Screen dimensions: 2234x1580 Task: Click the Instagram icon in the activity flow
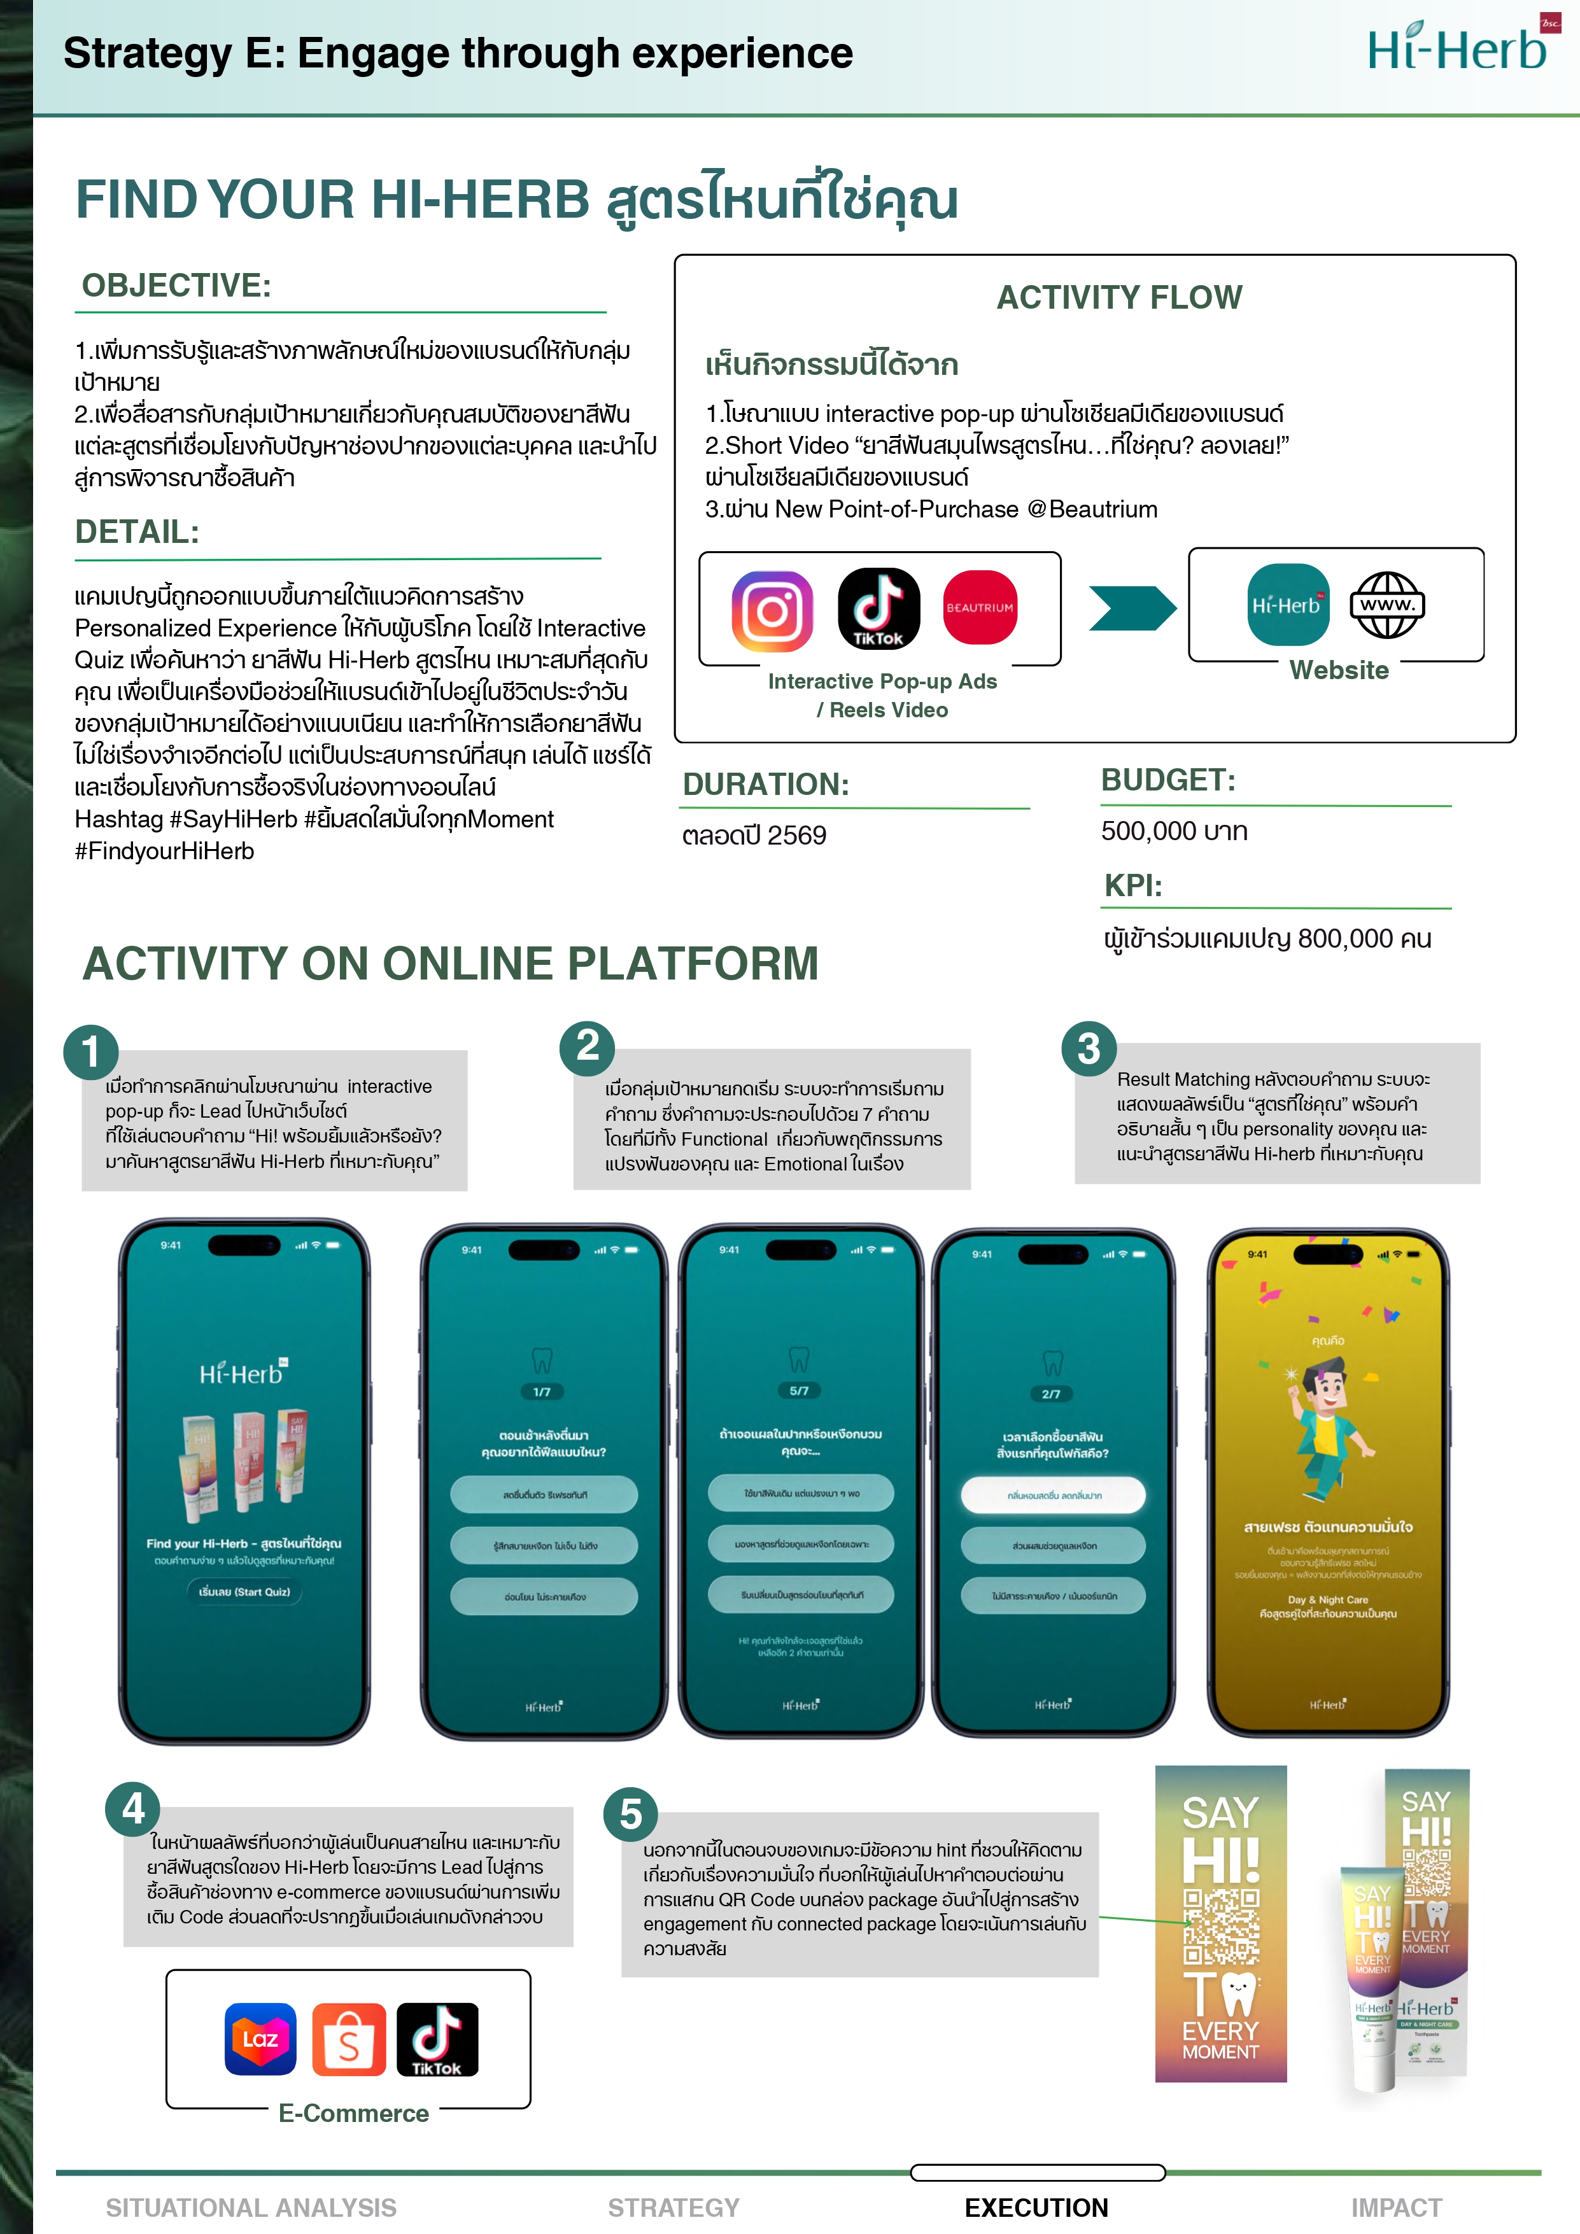tap(772, 611)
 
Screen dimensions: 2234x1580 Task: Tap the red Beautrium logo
tap(980, 607)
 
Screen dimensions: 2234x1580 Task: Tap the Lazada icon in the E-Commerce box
tap(260, 2039)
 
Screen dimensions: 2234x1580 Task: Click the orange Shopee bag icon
tap(348, 2039)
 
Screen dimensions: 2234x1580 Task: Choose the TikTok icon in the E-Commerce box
tap(437, 2039)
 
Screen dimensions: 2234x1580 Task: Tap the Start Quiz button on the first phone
tap(244, 1592)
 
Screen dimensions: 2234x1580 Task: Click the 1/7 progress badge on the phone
tap(542, 1391)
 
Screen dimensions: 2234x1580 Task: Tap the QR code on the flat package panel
tap(1220, 1927)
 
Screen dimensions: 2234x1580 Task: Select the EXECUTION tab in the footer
tap(1036, 2207)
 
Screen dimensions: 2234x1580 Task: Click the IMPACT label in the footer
tap(1396, 2207)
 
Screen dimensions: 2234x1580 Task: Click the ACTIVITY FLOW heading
tap(1119, 297)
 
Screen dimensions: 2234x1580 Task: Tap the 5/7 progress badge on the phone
tap(799, 1391)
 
